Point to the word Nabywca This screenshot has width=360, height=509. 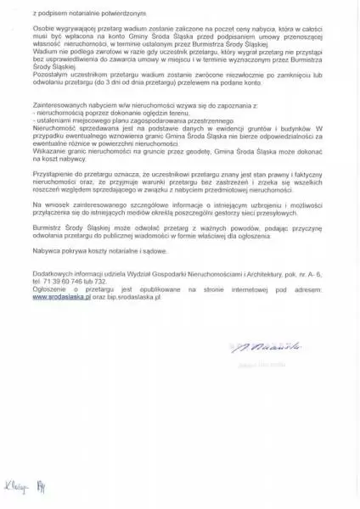42,250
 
